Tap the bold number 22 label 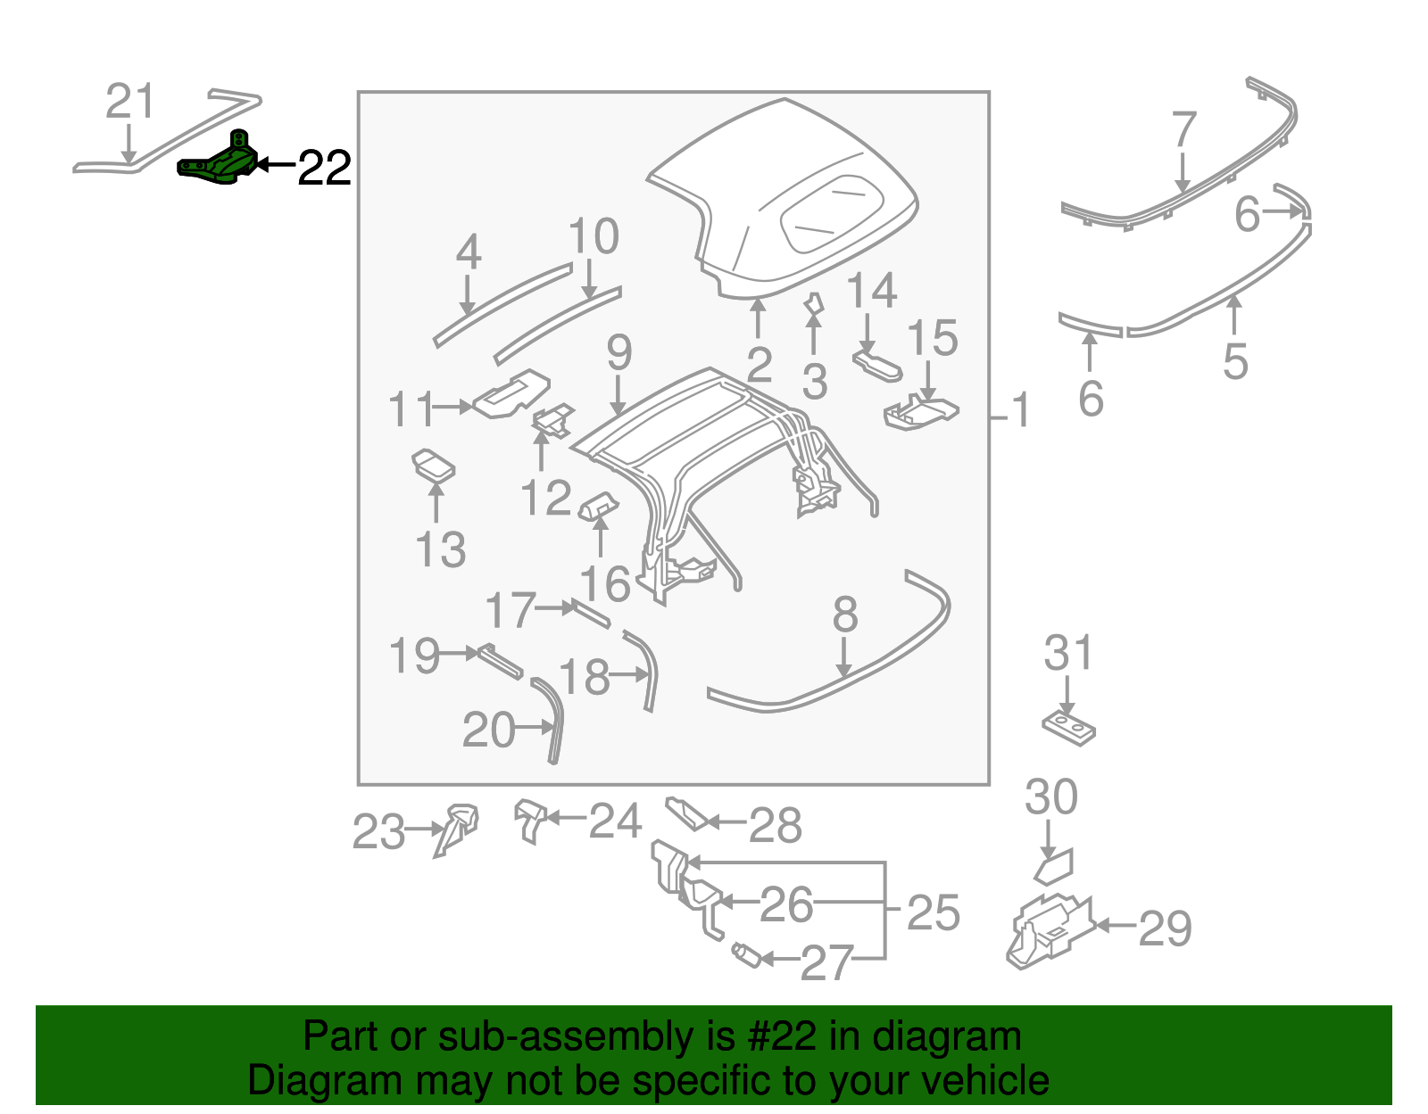tap(324, 167)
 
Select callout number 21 tap(130, 102)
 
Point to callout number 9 tap(619, 352)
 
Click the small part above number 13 tap(433, 465)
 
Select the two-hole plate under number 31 tap(1068, 728)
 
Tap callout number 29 tap(1165, 928)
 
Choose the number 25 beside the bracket tap(933, 912)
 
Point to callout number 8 tap(844, 615)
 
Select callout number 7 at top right tap(1183, 130)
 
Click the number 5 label tap(1234, 360)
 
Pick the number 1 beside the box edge tap(1021, 411)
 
